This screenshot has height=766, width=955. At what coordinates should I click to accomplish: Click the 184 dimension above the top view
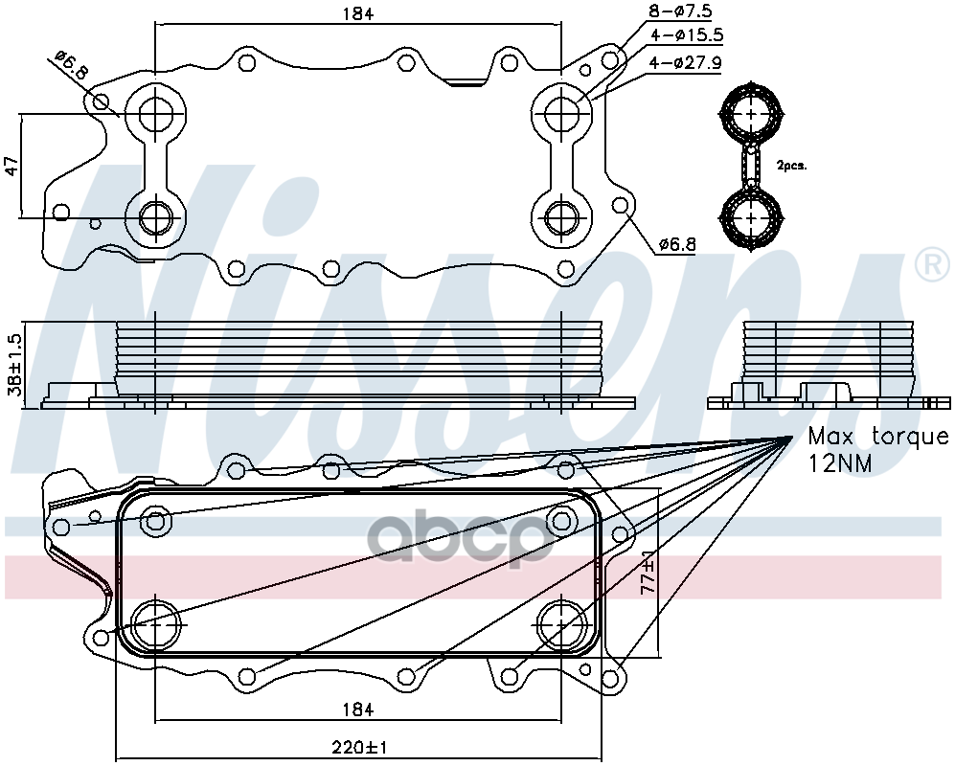[357, 13]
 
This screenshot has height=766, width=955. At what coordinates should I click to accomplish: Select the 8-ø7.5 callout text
[681, 11]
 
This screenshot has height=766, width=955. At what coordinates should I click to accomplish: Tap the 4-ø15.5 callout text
[687, 35]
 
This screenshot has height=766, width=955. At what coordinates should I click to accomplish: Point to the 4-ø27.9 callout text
[686, 62]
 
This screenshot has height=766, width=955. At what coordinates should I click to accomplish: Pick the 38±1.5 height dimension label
[14, 365]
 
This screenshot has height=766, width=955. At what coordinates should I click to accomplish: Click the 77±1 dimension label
[648, 573]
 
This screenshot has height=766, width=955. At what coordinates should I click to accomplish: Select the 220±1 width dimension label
[359, 747]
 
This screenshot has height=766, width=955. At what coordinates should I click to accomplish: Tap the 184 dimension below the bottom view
[357, 710]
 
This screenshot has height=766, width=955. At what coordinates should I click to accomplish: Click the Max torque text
[878, 436]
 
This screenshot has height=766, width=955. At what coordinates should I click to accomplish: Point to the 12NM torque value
[840, 463]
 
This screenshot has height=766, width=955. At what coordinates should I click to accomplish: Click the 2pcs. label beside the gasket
[791, 165]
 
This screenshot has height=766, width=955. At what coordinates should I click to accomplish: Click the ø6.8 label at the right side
[676, 244]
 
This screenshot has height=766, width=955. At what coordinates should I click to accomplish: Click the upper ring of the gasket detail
[752, 115]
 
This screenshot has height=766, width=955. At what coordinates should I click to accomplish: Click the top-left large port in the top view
[155, 113]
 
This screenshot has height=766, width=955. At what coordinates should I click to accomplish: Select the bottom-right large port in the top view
[561, 217]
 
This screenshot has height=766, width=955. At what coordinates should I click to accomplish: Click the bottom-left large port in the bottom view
[156, 625]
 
